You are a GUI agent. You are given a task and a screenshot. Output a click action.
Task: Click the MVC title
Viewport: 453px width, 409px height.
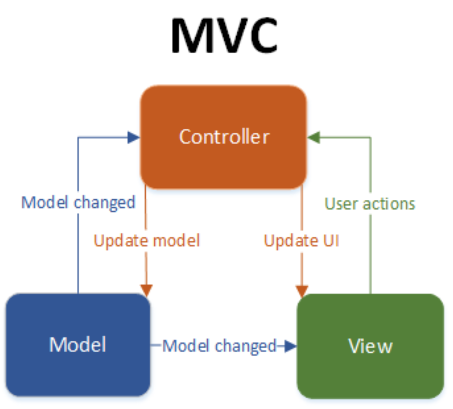[x=224, y=36]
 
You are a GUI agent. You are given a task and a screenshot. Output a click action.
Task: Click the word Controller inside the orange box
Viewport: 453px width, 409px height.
[x=224, y=137]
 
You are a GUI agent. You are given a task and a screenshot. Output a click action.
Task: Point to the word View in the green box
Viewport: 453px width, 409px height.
[x=370, y=346]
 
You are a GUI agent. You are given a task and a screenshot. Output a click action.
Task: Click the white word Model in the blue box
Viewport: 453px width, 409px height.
[x=78, y=344]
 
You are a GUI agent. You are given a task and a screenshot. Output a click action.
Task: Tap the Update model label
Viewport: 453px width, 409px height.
[x=147, y=241]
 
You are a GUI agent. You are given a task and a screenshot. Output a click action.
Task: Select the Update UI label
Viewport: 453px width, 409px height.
[x=301, y=241]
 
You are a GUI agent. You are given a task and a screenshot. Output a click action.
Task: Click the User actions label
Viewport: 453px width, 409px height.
[x=370, y=204]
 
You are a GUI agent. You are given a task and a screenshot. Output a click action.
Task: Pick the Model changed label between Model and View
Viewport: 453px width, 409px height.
[x=219, y=346]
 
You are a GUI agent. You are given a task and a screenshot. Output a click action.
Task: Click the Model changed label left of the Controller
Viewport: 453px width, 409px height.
[x=78, y=202]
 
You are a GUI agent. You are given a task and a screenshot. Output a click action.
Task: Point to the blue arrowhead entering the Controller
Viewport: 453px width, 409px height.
[x=134, y=138]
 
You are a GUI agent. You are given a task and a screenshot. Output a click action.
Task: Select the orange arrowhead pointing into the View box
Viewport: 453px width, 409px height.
[x=302, y=291]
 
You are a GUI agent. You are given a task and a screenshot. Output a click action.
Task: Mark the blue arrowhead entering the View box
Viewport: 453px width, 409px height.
[x=290, y=346]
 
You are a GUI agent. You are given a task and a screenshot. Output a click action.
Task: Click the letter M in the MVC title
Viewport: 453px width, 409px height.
[x=188, y=36]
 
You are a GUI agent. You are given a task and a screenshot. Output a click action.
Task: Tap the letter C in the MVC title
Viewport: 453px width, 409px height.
[x=262, y=36]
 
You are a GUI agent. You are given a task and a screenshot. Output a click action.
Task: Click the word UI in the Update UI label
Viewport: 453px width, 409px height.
[x=331, y=241]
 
